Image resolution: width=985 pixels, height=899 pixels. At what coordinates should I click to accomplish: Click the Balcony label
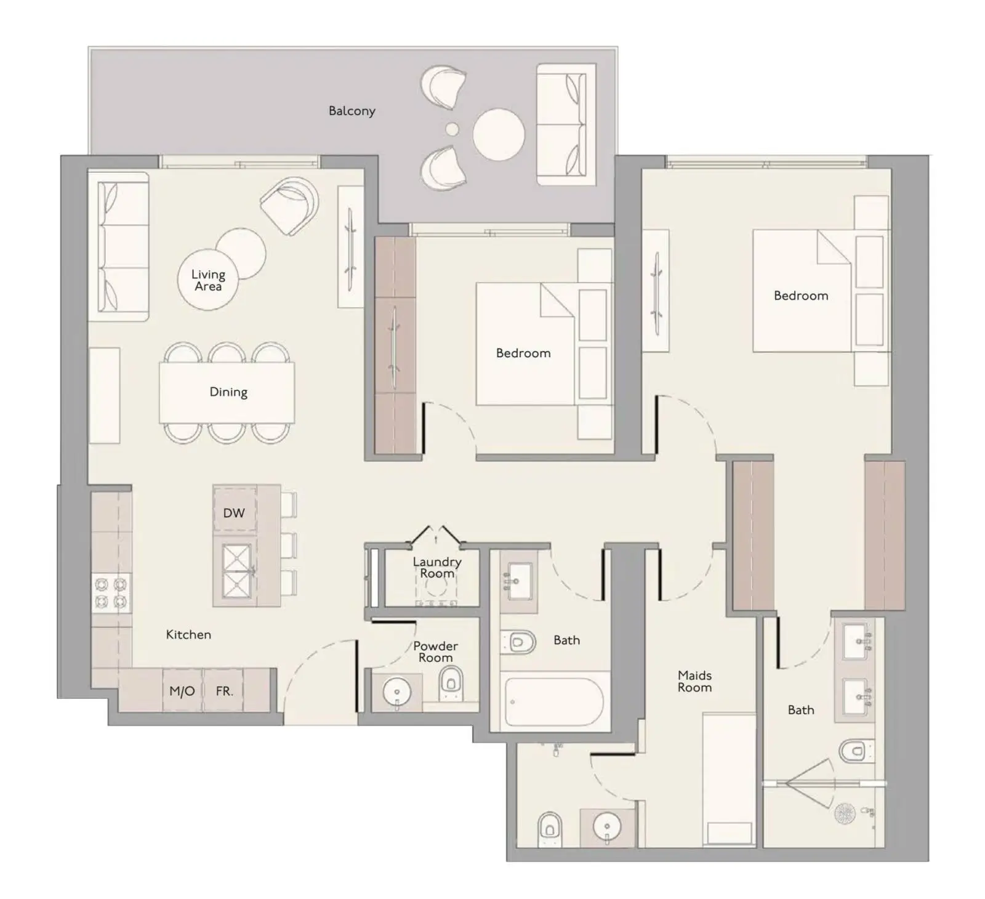[352, 111]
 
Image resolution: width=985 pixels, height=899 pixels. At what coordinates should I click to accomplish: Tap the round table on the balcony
[499, 135]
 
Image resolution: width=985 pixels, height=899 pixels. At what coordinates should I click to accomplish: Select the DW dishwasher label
[234, 513]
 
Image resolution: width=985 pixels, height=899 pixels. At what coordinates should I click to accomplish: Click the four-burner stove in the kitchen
[111, 592]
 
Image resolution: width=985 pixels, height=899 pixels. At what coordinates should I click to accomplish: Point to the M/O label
[182, 691]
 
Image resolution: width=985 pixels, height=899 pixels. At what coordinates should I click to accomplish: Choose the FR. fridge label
[224, 691]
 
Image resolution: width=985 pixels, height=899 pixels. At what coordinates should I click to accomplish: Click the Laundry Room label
[437, 567]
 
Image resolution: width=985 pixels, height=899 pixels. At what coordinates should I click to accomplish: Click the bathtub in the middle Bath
[554, 703]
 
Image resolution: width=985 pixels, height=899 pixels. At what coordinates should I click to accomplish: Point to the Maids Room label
[694, 682]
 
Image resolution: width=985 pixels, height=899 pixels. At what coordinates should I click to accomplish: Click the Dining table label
[228, 392]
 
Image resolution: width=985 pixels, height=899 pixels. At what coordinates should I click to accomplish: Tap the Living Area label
[208, 280]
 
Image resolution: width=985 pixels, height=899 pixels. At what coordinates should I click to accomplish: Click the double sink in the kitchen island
[237, 571]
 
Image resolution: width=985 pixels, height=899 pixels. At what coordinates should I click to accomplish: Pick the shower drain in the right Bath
[845, 814]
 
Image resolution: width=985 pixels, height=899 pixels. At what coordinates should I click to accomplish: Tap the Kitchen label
[188, 635]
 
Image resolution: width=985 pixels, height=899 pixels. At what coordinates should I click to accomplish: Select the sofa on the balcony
[566, 124]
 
